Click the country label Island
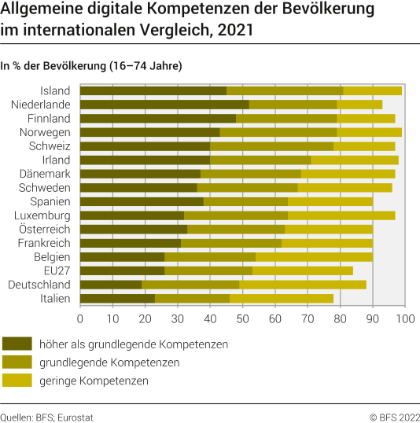(56, 90)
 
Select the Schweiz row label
(50, 145)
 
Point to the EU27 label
(57, 270)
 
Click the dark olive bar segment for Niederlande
(164, 105)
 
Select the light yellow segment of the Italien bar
(281, 298)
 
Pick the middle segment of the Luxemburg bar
(235, 215)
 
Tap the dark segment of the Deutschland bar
(111, 284)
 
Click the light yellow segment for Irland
(355, 160)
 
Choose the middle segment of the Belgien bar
(210, 256)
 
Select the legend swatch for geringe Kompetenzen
(28, 381)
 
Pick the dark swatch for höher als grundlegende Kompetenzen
(28, 344)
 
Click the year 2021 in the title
(237, 31)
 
